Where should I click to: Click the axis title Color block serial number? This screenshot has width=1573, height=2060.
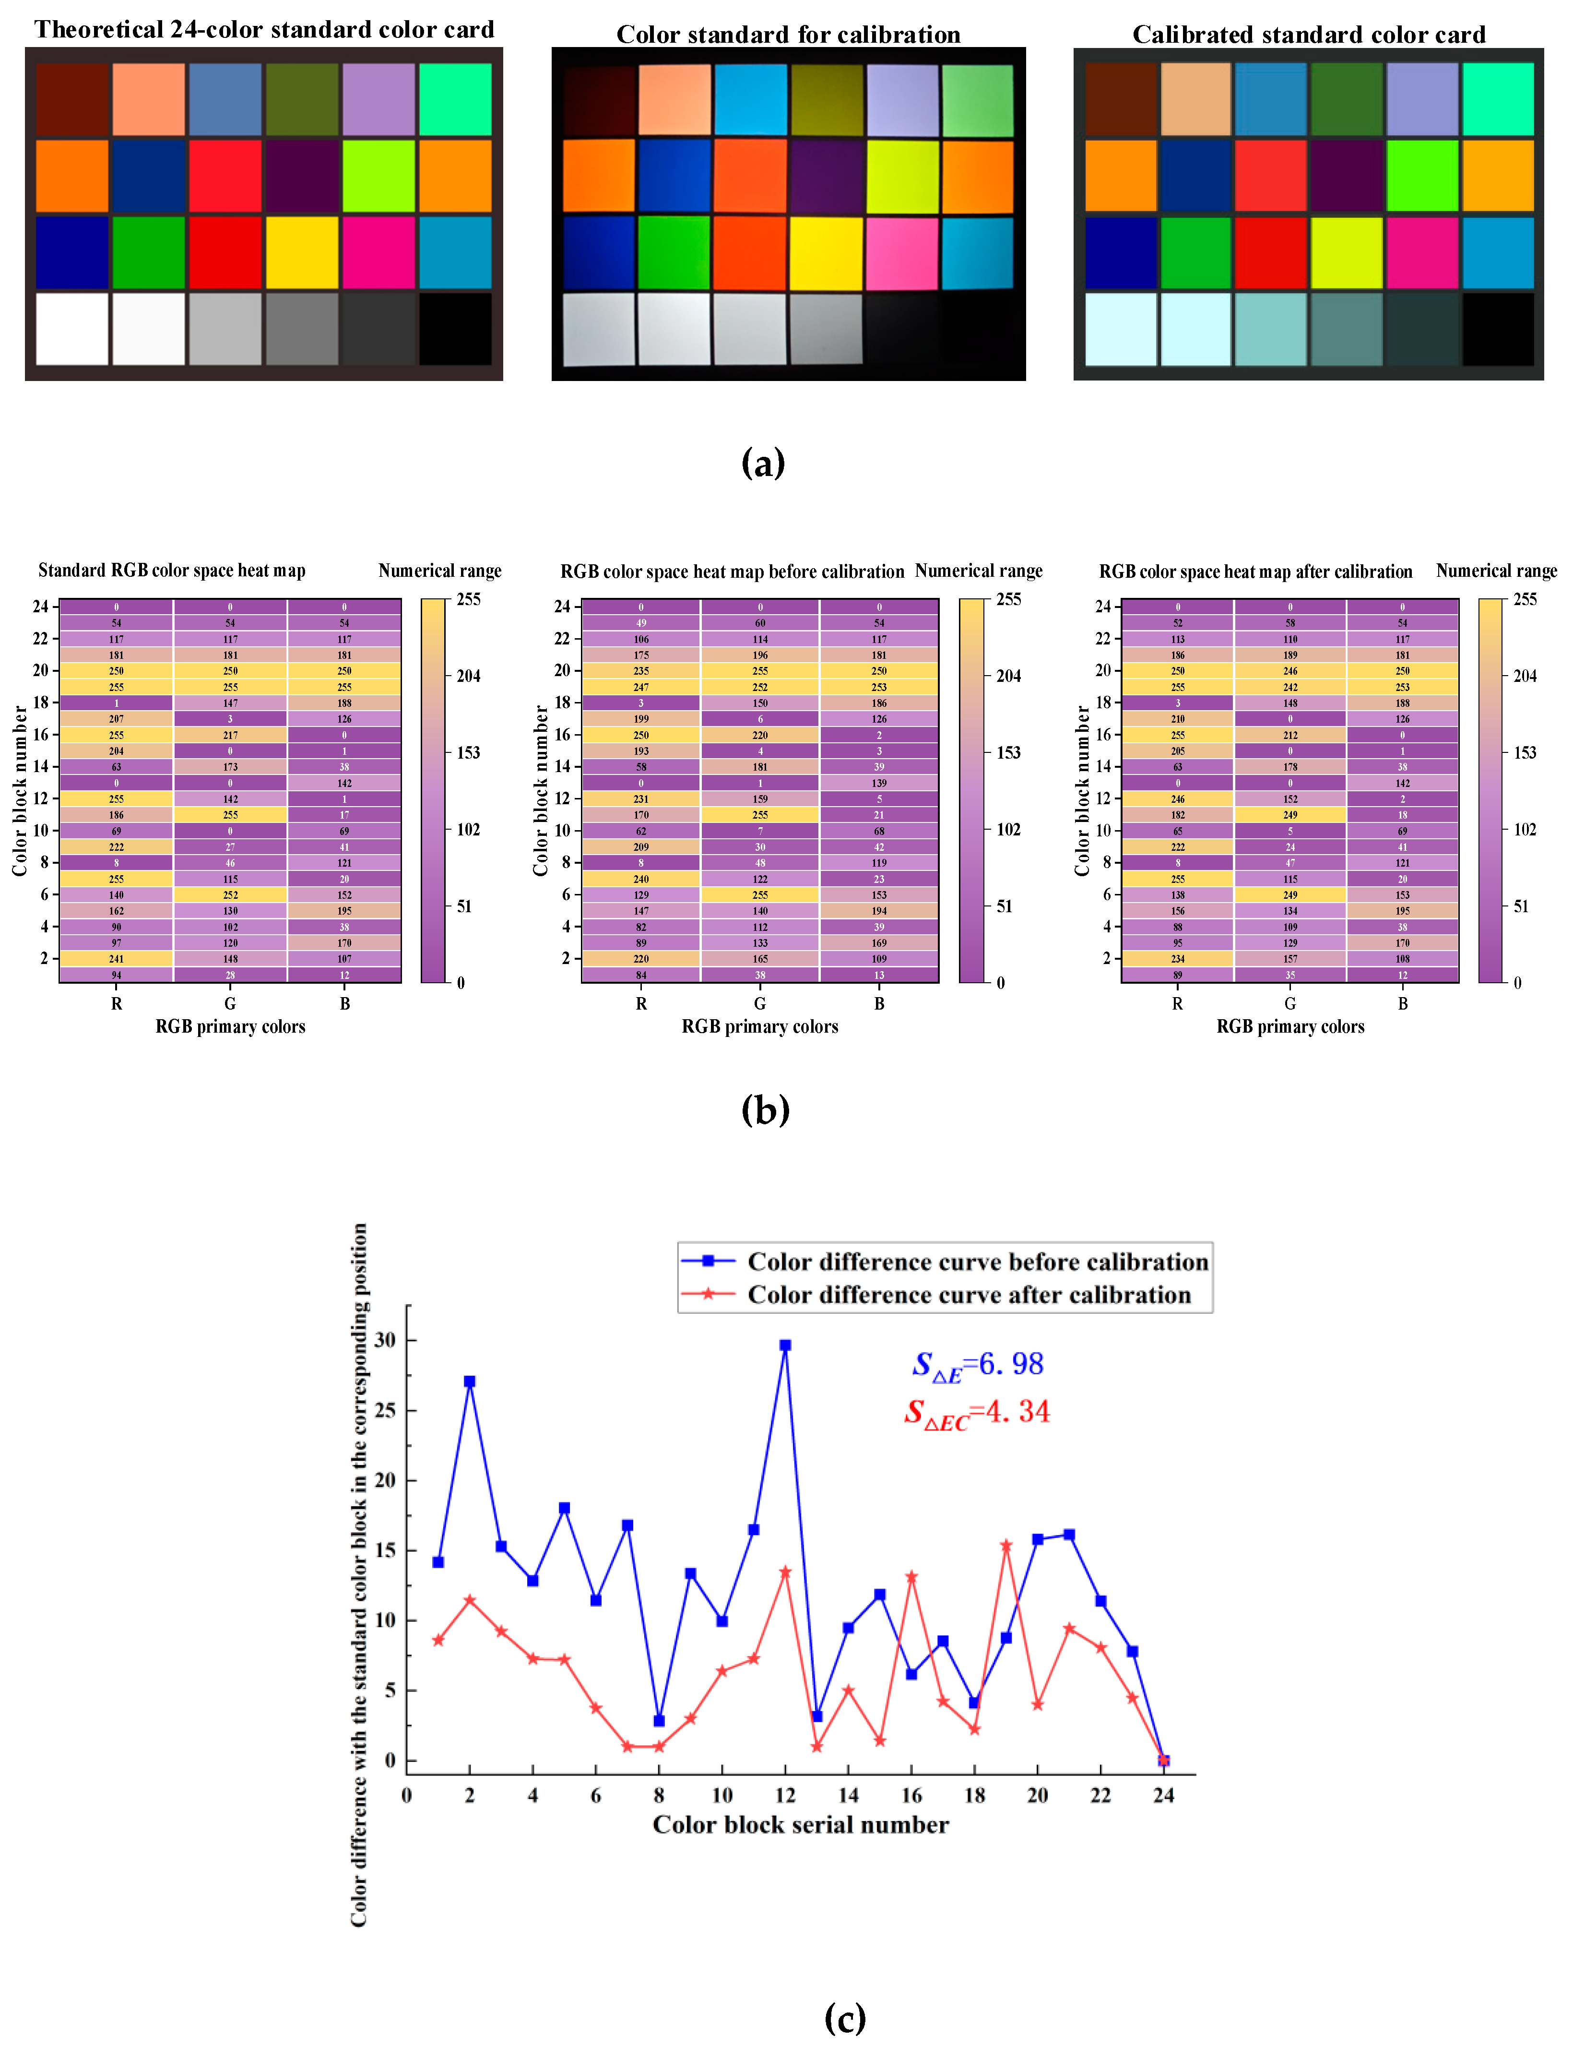tap(801, 1825)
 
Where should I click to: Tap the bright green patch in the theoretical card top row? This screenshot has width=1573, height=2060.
tap(455, 99)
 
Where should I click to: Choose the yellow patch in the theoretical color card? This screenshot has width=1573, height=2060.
tap(301, 253)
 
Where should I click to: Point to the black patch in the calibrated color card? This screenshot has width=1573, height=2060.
tap(1497, 330)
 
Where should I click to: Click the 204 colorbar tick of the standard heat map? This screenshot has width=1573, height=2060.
tap(468, 676)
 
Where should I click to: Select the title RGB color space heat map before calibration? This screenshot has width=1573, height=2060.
tap(732, 571)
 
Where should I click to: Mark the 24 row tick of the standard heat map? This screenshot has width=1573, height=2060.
tap(40, 607)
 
